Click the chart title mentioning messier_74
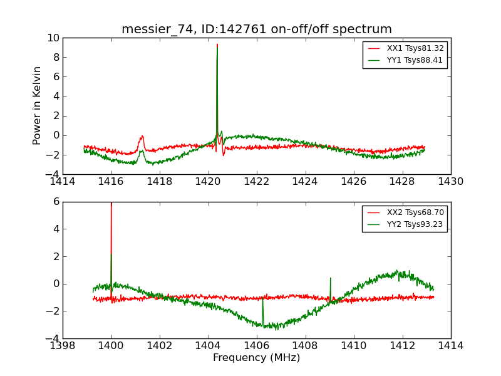(x=256, y=29)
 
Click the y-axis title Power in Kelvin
(x=38, y=105)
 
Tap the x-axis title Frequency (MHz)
(x=256, y=358)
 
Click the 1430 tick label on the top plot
(x=450, y=182)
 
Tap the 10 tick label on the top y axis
(x=52, y=38)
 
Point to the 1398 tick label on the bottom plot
(x=63, y=345)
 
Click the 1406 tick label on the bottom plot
(x=256, y=345)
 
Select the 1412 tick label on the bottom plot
(x=402, y=345)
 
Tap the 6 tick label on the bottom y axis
(x=56, y=202)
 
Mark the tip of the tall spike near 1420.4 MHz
(x=217, y=44)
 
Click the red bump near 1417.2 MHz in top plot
(x=142, y=137)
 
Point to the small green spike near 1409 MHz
(x=330, y=278)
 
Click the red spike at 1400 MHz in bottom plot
(x=111, y=207)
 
